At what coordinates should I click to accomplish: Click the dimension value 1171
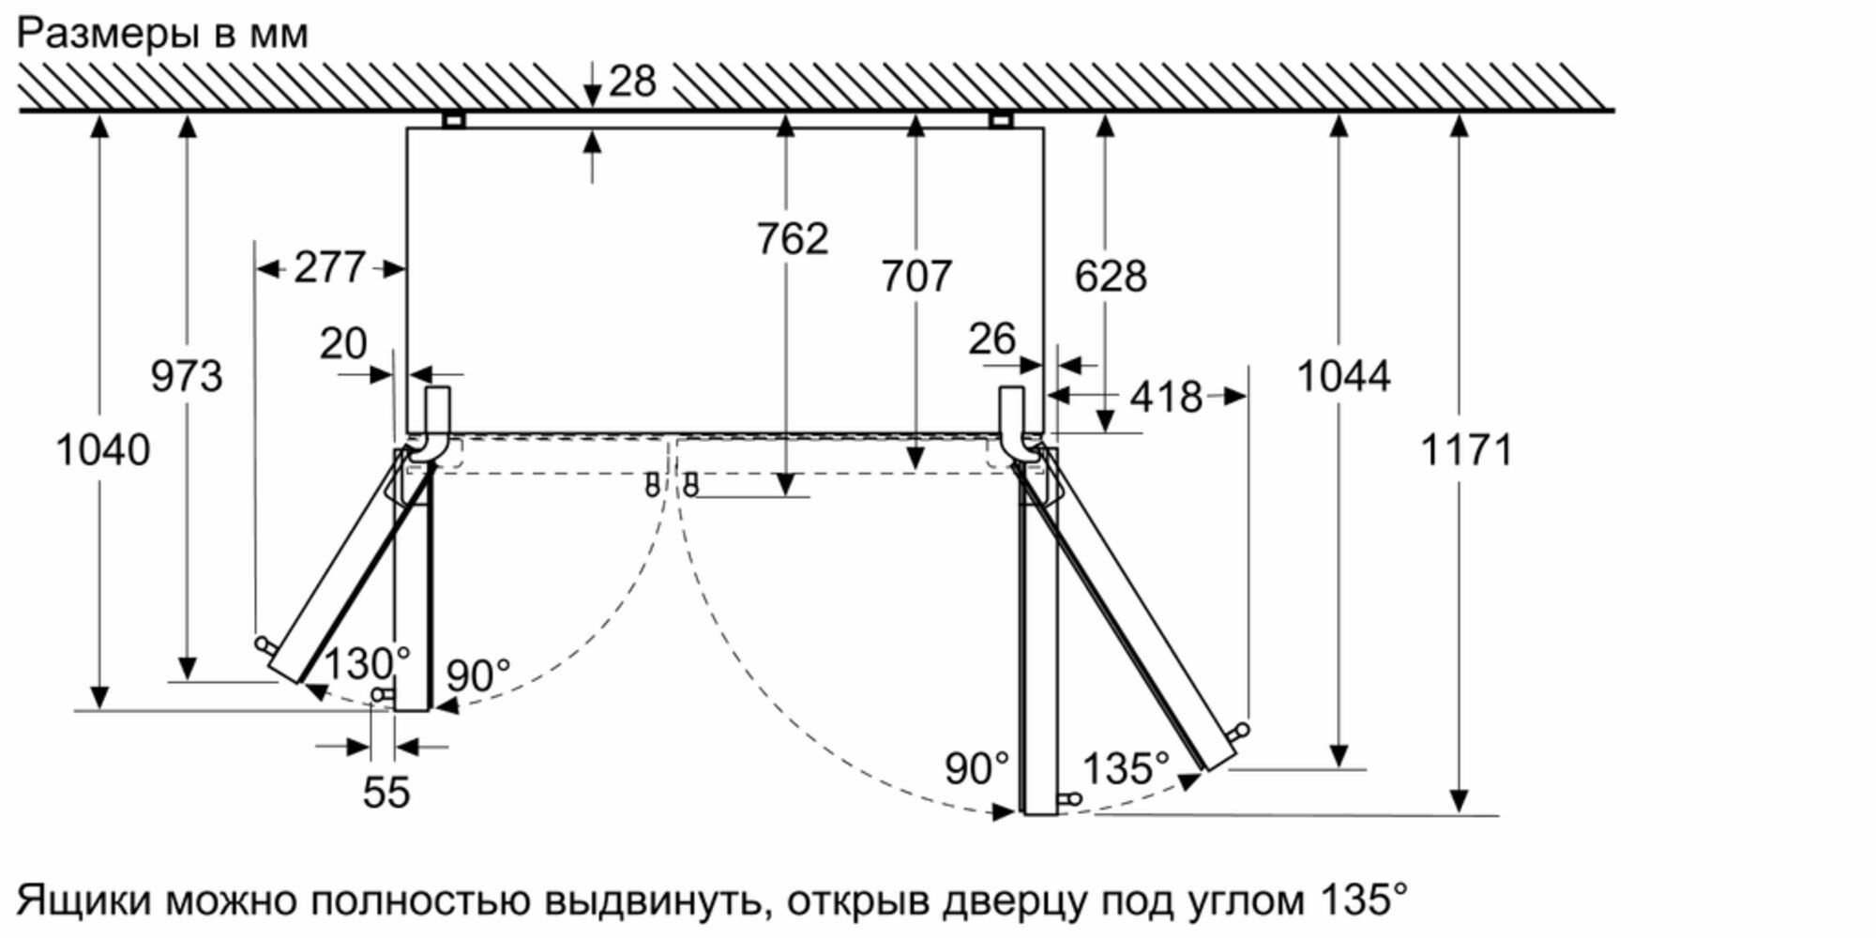click(1467, 450)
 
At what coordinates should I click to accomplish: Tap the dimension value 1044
click(1343, 376)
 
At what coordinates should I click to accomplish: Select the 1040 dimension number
click(103, 450)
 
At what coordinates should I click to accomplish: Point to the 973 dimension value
click(187, 376)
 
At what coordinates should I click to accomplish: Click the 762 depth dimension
click(793, 238)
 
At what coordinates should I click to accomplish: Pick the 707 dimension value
click(916, 277)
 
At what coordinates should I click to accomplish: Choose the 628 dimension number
click(1111, 277)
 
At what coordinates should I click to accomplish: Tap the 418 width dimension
click(1166, 398)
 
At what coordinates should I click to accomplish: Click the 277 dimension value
click(329, 268)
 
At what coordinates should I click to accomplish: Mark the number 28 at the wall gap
click(632, 82)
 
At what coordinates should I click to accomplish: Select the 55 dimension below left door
click(386, 793)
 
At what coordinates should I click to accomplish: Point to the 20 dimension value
click(343, 343)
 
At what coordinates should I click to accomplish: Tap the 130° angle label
click(367, 664)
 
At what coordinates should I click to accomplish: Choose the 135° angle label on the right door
click(1126, 769)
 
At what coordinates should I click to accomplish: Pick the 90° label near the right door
click(976, 769)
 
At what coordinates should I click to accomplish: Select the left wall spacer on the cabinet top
click(454, 120)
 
